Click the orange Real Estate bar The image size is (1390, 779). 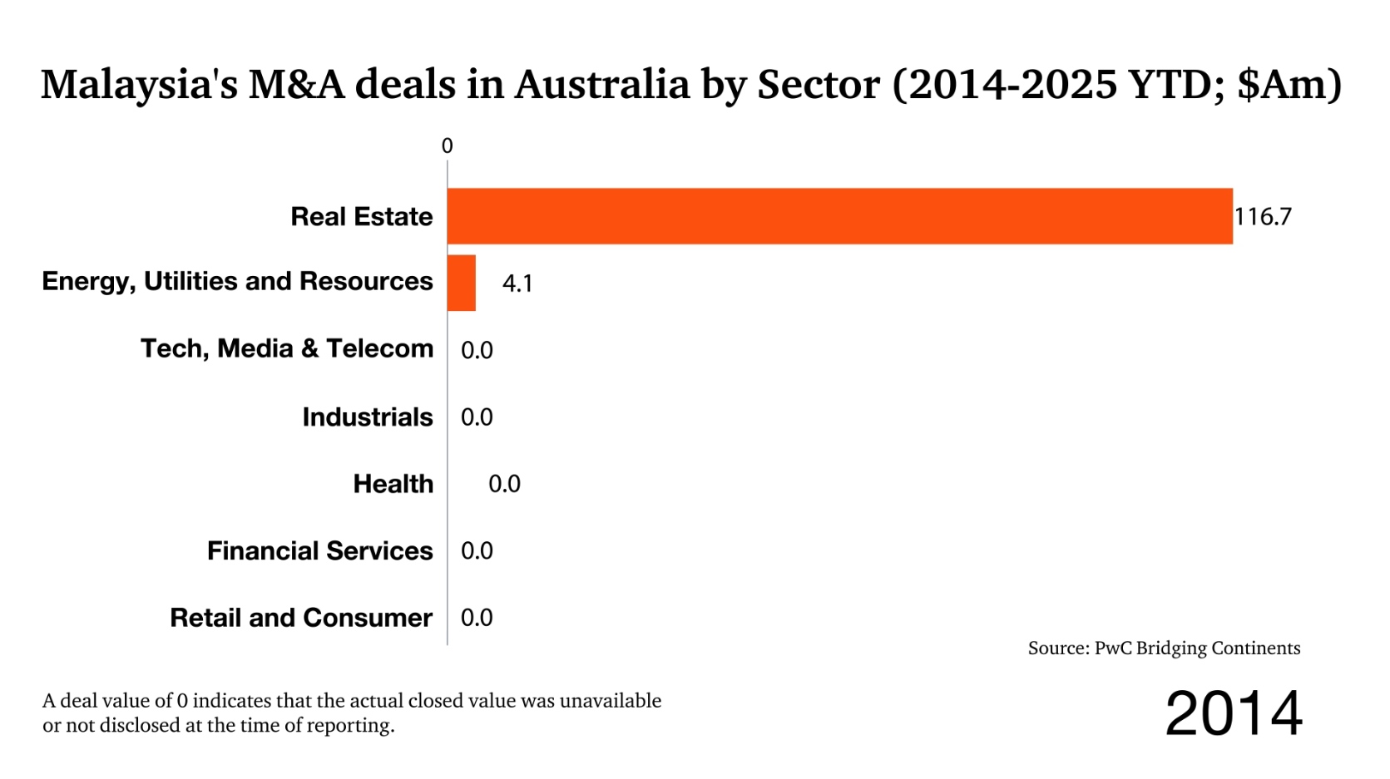[839, 216]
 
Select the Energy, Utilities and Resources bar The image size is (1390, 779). [461, 283]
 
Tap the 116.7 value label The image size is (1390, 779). [1263, 217]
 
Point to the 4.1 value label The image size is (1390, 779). [517, 283]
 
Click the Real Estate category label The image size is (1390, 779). [362, 217]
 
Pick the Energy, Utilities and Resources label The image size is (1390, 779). [237, 282]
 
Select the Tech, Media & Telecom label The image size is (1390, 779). [287, 348]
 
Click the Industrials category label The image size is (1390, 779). [368, 417]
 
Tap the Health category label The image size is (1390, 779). [393, 484]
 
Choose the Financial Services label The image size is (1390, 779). [320, 551]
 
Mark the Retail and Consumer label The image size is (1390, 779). [301, 618]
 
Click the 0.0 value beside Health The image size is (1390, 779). [504, 484]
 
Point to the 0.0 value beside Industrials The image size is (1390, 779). [477, 417]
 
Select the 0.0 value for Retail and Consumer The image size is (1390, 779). [477, 618]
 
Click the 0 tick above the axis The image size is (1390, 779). [447, 146]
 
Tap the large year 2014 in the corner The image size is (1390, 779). [1233, 713]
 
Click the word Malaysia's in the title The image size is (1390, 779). [140, 85]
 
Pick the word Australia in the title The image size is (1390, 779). [601, 85]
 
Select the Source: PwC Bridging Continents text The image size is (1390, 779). [1164, 648]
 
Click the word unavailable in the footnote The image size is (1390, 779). [611, 701]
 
